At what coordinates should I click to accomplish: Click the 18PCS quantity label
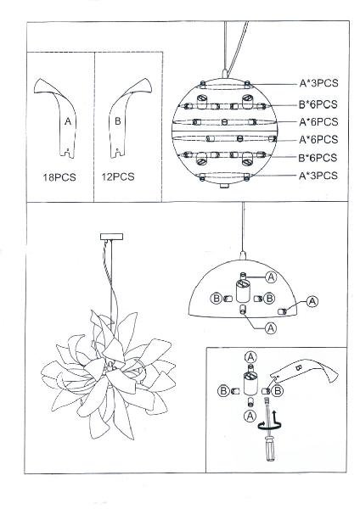[59, 177]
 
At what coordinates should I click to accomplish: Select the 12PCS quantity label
[118, 177]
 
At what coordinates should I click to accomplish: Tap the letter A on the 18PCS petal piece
[68, 121]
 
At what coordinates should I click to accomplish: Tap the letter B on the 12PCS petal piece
[118, 121]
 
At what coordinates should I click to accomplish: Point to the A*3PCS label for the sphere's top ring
[318, 83]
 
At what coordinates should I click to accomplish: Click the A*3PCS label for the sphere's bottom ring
[318, 176]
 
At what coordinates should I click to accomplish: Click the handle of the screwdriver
[270, 449]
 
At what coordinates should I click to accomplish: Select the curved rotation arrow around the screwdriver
[269, 425]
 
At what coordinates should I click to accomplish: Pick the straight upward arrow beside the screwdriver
[275, 417]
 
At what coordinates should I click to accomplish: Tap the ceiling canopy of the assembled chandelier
[111, 237]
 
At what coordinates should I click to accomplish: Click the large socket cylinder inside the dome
[242, 291]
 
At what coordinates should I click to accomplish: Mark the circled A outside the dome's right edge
[312, 301]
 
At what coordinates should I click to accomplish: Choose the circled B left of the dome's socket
[217, 298]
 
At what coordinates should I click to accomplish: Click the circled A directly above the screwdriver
[250, 416]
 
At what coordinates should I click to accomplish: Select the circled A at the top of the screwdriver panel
[250, 357]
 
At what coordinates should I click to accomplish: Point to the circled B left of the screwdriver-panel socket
[223, 390]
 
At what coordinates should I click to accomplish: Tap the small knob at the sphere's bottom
[223, 186]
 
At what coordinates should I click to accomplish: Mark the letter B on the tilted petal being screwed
[299, 368]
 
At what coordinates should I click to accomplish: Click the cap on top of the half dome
[242, 255]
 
